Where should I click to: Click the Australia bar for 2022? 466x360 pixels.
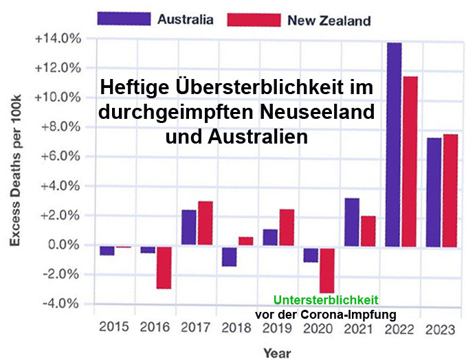pos(393,144)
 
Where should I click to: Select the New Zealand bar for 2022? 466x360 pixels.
pos(410,161)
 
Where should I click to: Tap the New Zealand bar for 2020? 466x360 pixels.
pos(327,269)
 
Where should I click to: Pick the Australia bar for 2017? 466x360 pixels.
pos(188,227)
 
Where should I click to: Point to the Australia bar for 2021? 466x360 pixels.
pos(352,221)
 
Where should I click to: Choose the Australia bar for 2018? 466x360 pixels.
pos(229,256)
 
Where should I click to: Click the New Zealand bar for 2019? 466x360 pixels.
pos(287,227)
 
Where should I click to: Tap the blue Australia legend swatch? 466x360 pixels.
pos(124,19)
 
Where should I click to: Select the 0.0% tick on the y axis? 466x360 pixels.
pos(63,245)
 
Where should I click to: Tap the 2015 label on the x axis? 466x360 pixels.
pos(114,328)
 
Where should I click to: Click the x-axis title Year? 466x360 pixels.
pos(277,352)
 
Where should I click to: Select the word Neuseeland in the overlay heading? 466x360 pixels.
pos(313,111)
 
